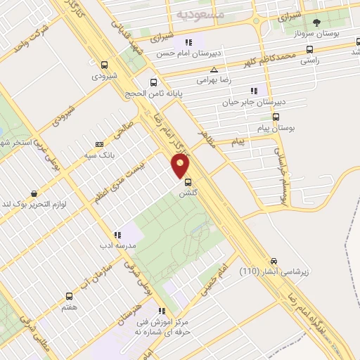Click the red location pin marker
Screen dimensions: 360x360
[x=181, y=166]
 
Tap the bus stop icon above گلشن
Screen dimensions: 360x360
[x=186, y=181]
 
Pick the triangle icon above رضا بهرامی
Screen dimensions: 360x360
[x=214, y=70]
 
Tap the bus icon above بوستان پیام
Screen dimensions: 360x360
[x=276, y=117]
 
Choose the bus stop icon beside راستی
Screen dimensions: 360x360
[x=310, y=49]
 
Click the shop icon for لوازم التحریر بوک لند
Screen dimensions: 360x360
[x=34, y=193]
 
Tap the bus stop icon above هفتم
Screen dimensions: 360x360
[x=69, y=296]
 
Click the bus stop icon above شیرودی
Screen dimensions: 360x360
[x=104, y=63]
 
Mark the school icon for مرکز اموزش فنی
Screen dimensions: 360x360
[x=162, y=310]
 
